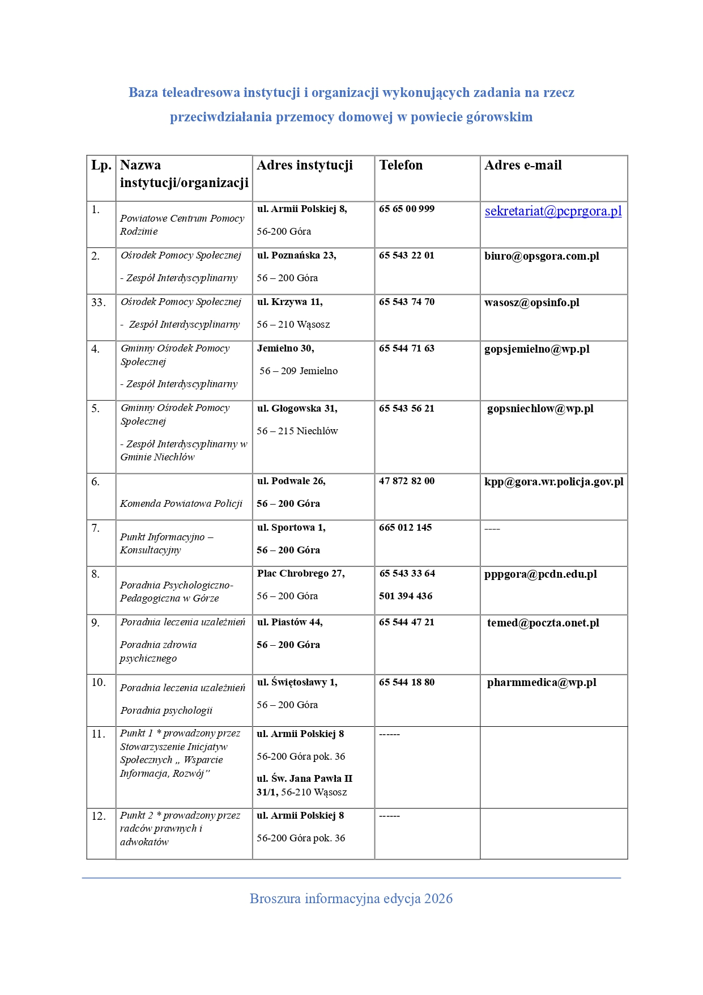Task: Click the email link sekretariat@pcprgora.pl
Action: [553, 211]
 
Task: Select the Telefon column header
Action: [401, 166]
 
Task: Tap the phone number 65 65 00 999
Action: [407, 209]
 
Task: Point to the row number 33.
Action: [99, 303]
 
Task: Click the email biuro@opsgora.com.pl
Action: [542, 256]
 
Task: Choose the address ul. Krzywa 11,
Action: [289, 302]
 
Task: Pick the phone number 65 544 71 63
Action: [407, 349]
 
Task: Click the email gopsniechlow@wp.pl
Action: [540, 409]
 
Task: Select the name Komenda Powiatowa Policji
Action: [181, 504]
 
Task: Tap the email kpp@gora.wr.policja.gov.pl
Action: [553, 482]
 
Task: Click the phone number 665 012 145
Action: [405, 528]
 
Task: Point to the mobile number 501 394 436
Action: [406, 596]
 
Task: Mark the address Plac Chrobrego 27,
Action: [301, 574]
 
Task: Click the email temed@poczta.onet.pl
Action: [543, 623]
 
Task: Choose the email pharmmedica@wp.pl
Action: [542, 683]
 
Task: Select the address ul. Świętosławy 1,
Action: [297, 683]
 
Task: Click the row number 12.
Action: [99, 816]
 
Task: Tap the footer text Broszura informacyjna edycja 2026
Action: [351, 899]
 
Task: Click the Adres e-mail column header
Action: [523, 166]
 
